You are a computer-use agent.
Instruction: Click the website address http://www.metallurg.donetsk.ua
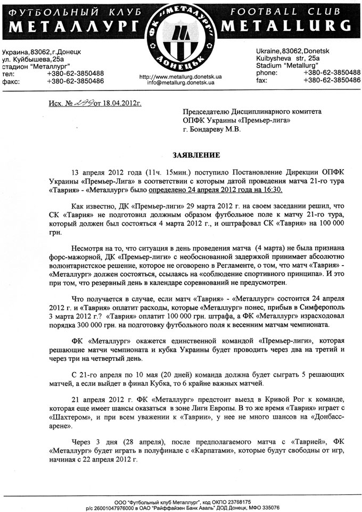[180, 77]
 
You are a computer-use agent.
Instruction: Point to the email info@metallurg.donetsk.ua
[180, 84]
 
